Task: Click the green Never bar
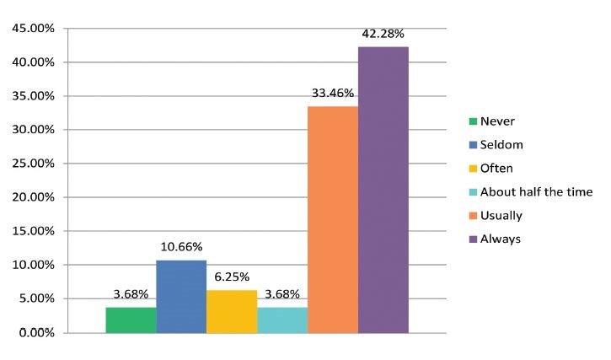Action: coord(131,320)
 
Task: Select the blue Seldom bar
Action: coord(181,296)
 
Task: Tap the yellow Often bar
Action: coord(232,311)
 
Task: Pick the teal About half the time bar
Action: coord(282,320)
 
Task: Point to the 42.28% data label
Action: coord(383,34)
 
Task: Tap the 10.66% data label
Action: coord(181,247)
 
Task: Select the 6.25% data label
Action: coord(232,277)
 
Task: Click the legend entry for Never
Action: coord(496,121)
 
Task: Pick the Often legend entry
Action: coord(497,169)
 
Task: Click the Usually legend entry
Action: coord(501,216)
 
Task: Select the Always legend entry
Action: coord(500,239)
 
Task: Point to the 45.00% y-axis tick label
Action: coord(33,29)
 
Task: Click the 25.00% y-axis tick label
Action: coord(33,164)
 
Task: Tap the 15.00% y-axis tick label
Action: coord(33,231)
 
